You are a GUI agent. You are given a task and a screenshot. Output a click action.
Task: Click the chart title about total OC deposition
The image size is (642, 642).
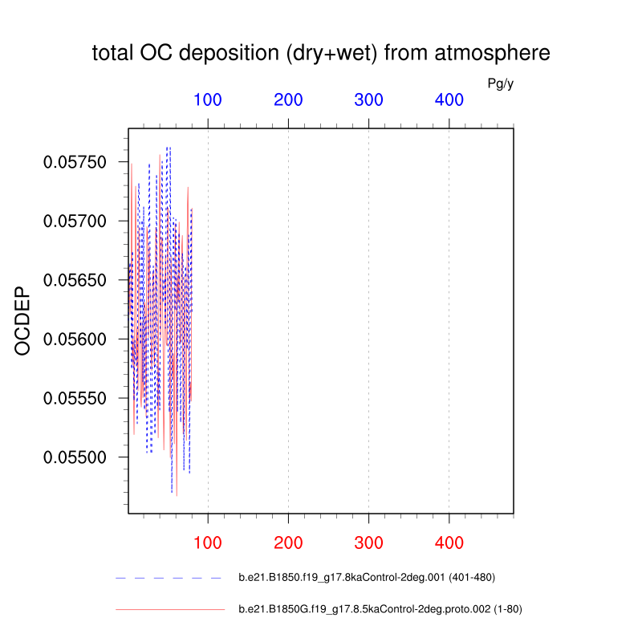point(321,54)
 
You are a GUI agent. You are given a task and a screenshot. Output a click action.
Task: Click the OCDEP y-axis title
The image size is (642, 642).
point(23,321)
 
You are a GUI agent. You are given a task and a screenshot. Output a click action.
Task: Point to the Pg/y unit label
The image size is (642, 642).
point(500,83)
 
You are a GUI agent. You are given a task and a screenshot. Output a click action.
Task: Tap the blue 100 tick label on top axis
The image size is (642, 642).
point(208,100)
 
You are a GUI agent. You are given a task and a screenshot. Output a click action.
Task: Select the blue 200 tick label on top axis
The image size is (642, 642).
point(288,100)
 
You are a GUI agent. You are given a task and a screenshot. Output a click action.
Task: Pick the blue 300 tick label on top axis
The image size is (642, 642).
point(368,100)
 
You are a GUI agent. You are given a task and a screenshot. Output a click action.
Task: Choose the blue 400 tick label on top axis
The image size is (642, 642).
point(449,100)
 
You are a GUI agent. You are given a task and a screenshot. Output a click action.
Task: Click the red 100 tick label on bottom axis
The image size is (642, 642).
point(208,543)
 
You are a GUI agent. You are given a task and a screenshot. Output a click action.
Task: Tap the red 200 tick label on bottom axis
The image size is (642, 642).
point(288,543)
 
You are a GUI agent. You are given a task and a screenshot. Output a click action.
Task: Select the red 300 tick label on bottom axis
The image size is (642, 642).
point(368,543)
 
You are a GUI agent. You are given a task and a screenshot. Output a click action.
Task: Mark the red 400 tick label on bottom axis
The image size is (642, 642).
point(449,543)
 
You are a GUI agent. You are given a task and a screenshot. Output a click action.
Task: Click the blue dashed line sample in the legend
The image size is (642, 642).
point(169,578)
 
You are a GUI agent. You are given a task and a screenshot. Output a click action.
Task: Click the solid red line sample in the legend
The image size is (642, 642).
point(169,610)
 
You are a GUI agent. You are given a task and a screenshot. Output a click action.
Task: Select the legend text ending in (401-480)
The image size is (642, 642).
point(372,578)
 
